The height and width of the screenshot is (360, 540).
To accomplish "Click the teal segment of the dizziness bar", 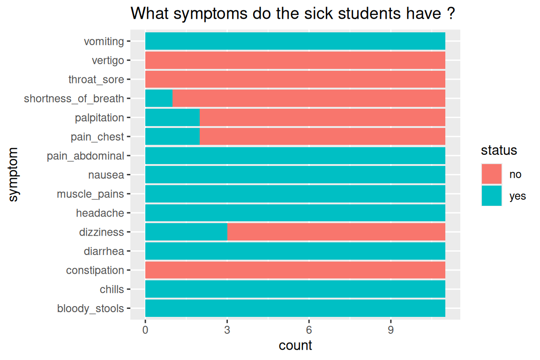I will [186, 232].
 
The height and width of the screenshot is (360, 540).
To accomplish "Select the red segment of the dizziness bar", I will [336, 232].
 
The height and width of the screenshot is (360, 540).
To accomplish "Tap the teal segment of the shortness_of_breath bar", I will [159, 98].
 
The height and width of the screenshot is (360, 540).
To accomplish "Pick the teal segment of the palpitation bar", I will [172, 118].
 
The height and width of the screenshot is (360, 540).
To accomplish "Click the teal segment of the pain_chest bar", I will [172, 137].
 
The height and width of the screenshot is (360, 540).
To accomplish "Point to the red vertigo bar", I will [295, 60].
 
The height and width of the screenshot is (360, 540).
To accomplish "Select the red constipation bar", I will [295, 270].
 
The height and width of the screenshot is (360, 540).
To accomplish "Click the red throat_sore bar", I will [295, 79].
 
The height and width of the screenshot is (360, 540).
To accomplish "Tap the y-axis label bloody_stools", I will [90, 308].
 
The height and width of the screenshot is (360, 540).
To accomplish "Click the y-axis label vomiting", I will [104, 42].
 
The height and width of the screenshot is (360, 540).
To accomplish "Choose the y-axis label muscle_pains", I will [90, 194].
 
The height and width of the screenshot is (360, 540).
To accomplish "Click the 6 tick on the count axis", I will [309, 330].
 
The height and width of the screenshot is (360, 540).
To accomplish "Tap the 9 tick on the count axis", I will [390, 330].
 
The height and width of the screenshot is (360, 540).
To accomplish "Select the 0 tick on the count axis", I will [145, 330].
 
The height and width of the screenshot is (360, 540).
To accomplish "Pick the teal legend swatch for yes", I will [492, 196].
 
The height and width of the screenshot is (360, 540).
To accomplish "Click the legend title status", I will [499, 150].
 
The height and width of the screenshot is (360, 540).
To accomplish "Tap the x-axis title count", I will [295, 346].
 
